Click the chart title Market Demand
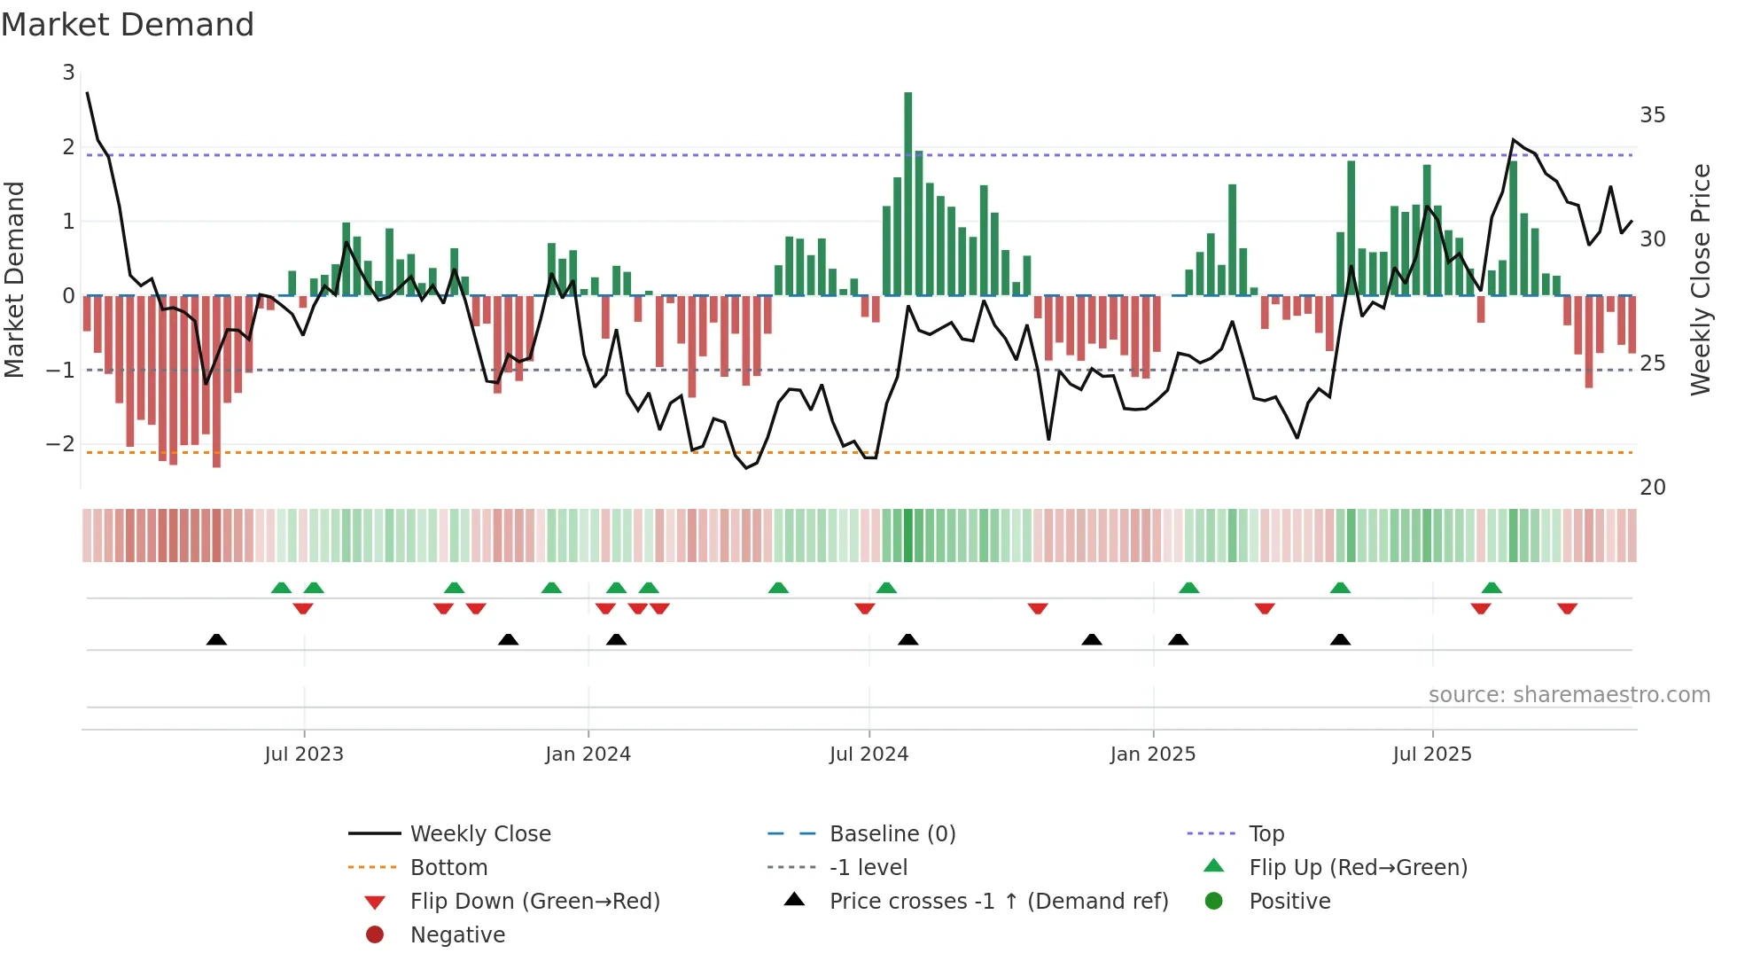128,25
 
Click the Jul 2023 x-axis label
303,754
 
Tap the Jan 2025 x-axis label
1152,754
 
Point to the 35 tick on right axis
1652,115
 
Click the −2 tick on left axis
60,443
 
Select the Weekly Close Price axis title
1700,279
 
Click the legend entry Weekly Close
479,834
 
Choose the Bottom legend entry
448,868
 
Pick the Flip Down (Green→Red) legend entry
534,902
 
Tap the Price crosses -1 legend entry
998,902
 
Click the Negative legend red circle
375,935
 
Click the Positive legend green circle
1214,902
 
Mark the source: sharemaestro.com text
1569,695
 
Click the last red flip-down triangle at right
1567,608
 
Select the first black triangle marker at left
216,639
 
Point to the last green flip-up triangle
1492,588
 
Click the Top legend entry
1266,834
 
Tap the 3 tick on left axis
68,73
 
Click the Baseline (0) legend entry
892,834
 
